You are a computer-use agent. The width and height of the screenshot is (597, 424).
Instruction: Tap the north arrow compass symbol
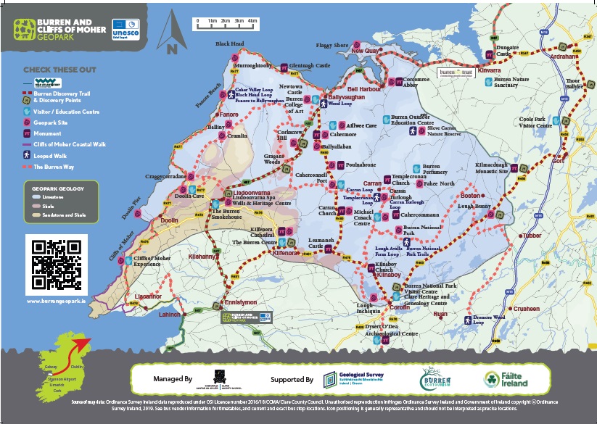pos(172,34)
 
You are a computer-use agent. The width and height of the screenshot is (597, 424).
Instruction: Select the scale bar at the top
pos(226,25)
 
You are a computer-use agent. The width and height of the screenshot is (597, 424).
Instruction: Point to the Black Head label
pos(229,44)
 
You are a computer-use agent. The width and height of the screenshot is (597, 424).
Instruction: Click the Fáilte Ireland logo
pos(506,379)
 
